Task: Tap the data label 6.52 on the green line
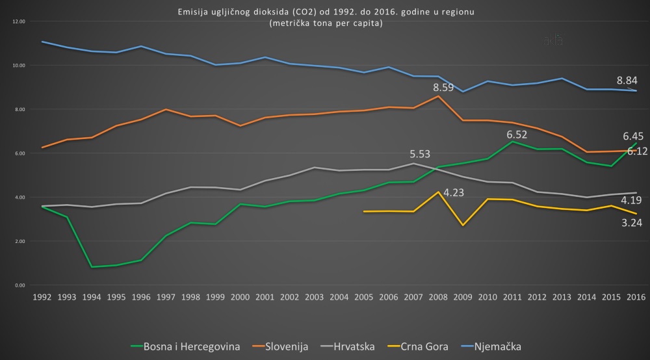tap(517, 135)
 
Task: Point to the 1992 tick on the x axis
tap(42, 296)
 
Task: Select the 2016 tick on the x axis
tap(635, 296)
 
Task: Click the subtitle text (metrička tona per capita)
tap(325, 23)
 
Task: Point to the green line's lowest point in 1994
tap(92, 267)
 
